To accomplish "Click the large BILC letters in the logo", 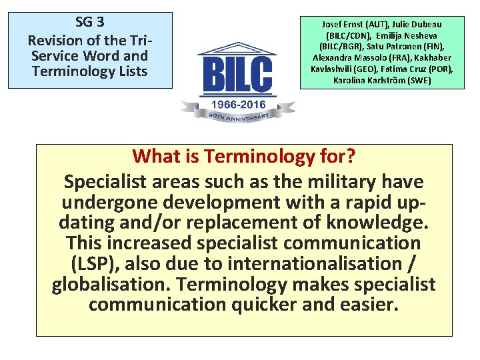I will click(x=238, y=75).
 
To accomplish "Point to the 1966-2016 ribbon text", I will click(x=239, y=105).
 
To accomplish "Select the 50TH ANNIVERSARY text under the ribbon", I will click(x=238, y=117).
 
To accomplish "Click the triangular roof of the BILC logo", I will click(x=238, y=48).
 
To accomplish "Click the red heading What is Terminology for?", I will click(x=243, y=156).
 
